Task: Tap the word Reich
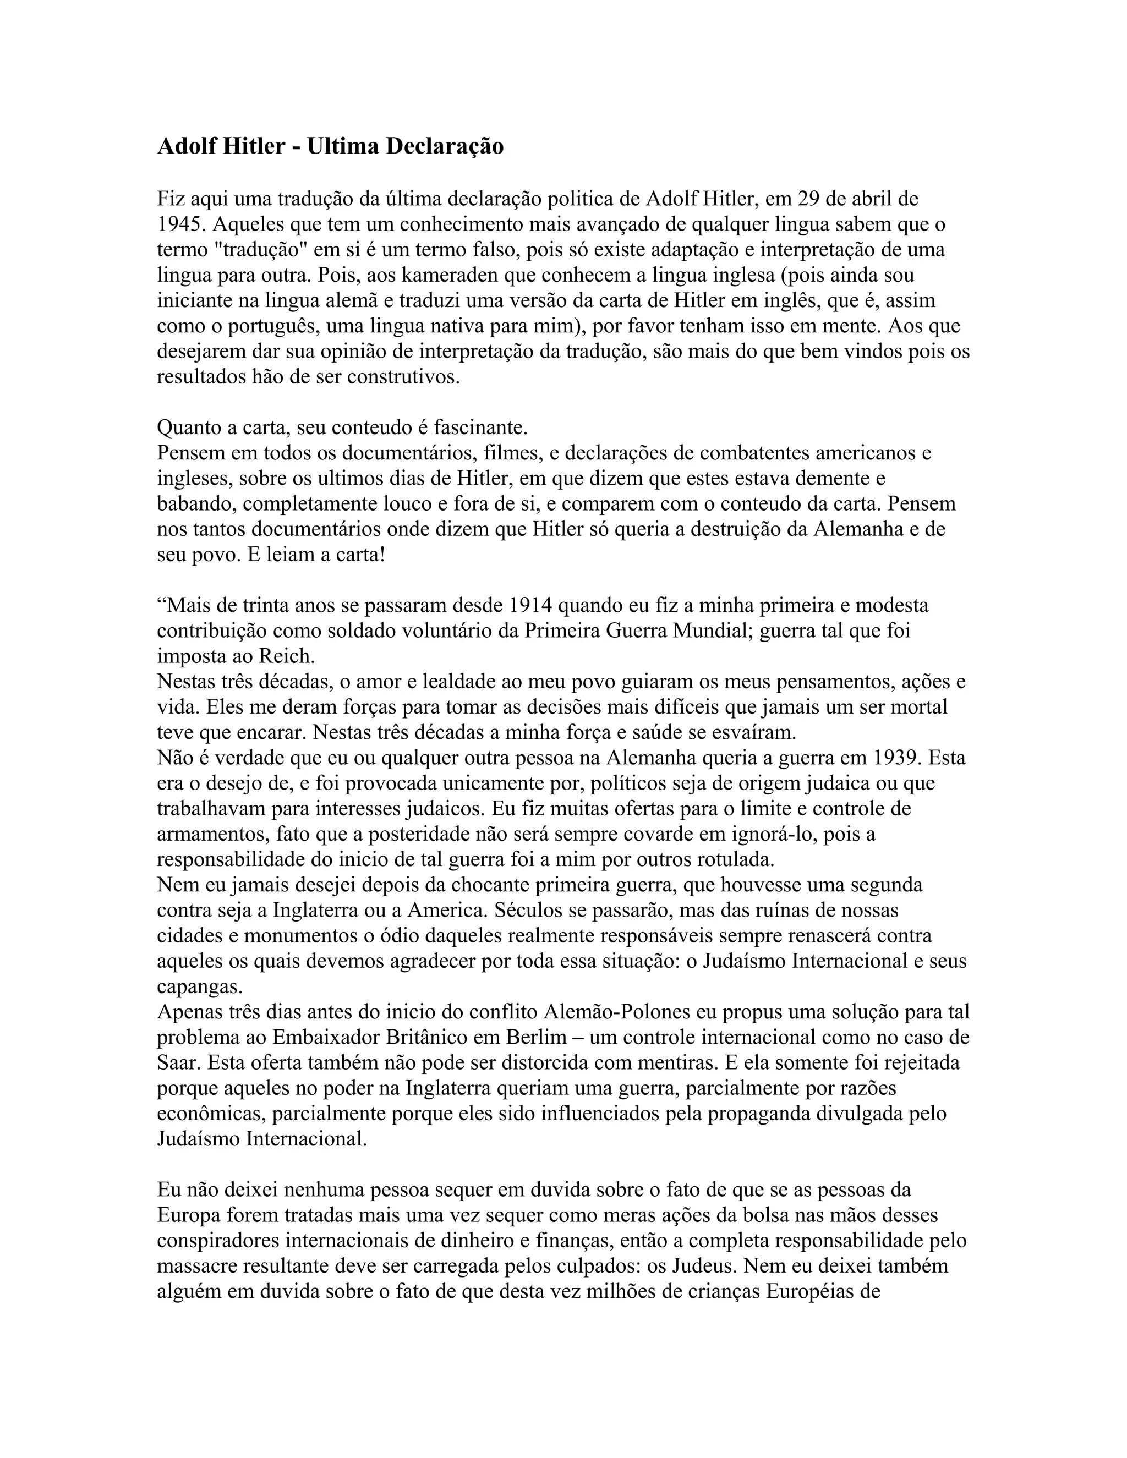286,656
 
